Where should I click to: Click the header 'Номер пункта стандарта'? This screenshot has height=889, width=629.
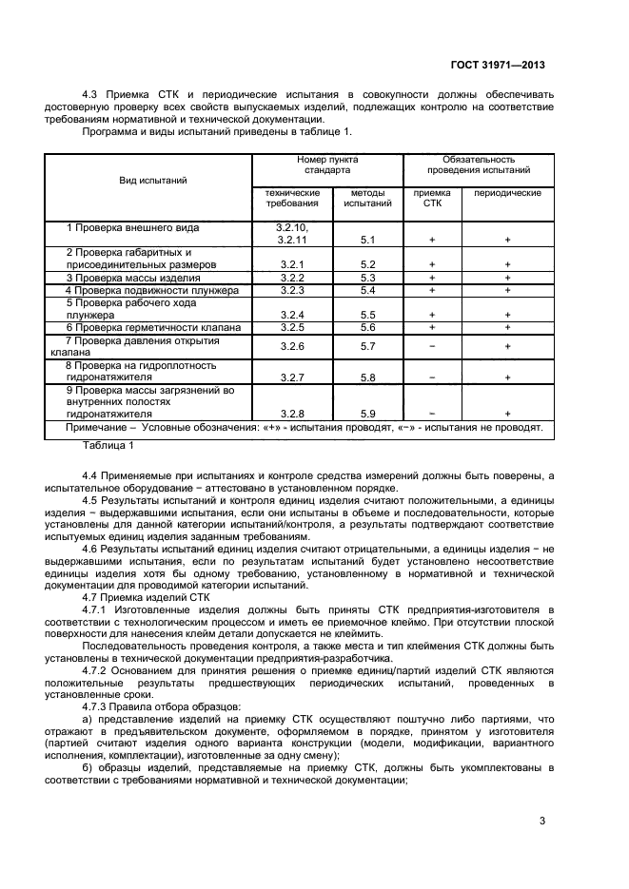coord(327,165)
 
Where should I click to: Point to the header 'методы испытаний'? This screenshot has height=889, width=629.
coord(367,198)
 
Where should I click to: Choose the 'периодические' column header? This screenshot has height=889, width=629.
coord(507,193)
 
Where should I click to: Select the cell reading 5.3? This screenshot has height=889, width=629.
coord(368,277)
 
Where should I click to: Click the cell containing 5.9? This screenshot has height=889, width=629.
coord(368,413)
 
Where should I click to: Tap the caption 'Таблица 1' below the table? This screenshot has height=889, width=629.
coord(108,444)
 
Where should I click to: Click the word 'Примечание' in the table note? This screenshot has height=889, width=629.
coord(95,428)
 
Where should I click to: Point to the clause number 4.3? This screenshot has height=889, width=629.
coord(93,95)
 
